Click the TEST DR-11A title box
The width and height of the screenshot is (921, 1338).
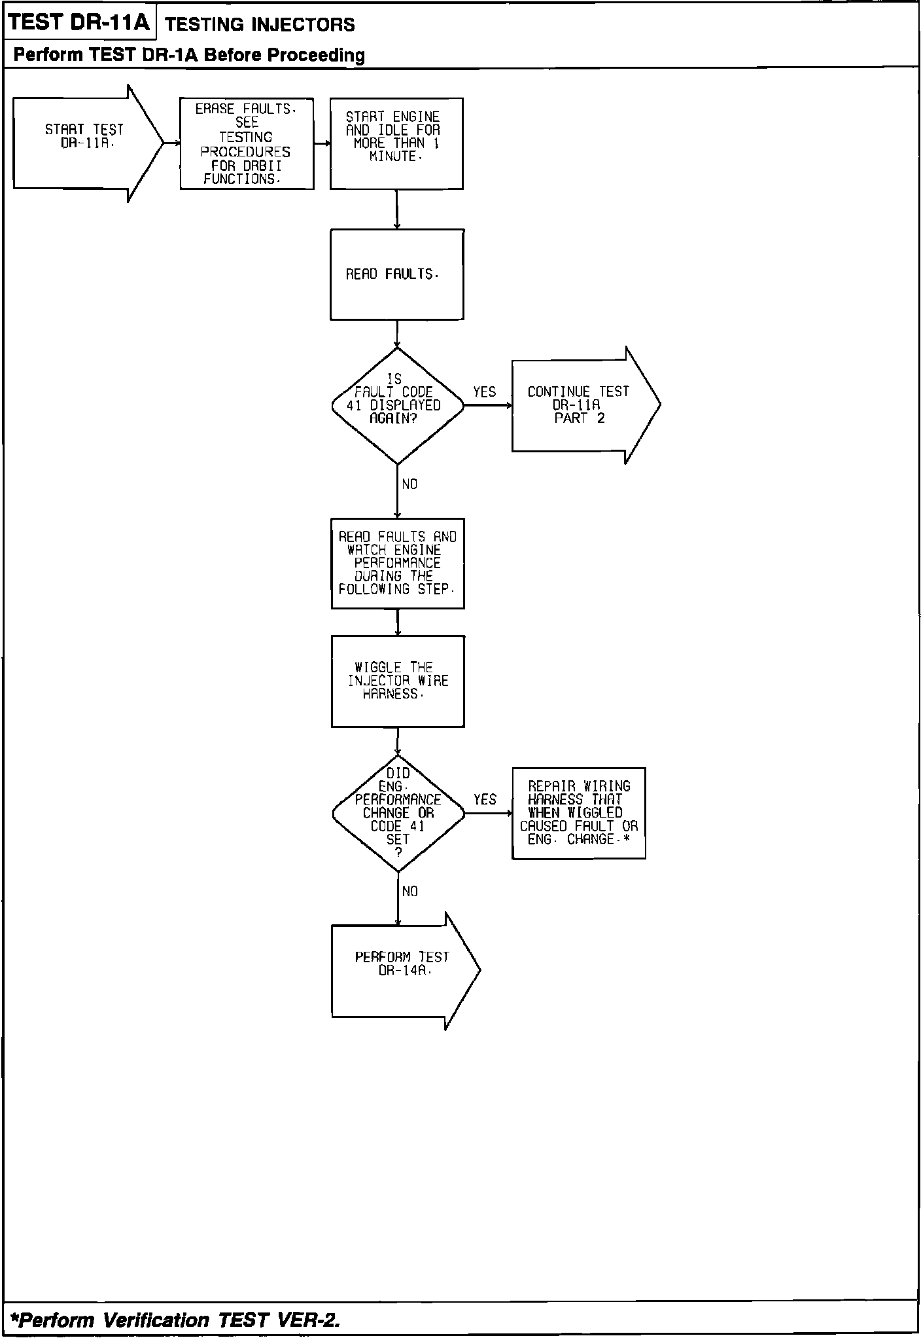coord(80,23)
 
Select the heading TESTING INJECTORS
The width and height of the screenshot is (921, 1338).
coord(260,25)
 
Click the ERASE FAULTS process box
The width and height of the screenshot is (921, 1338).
coord(247,144)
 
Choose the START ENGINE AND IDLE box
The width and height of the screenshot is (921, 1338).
coord(396,143)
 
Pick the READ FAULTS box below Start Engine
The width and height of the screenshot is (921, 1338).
coord(397,274)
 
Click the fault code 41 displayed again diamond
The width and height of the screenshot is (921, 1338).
coord(397,405)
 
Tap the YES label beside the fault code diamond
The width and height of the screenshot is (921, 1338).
coord(485,392)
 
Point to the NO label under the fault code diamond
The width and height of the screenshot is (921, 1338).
coord(409,484)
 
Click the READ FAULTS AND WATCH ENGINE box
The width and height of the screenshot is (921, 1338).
coord(398,563)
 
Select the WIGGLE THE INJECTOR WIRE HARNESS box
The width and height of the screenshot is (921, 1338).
coord(398,681)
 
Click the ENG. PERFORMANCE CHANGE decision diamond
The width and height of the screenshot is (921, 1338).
coord(398,813)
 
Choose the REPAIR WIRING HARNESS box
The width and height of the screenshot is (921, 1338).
coord(578,813)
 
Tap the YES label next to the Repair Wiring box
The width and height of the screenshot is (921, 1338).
coord(485,800)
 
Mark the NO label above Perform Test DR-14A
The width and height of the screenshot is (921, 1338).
coord(410,892)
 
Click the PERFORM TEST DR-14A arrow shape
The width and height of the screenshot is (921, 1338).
coord(402,970)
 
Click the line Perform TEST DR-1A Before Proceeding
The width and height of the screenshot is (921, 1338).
coord(189,55)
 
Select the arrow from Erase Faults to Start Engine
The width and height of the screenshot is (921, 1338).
coord(322,144)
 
